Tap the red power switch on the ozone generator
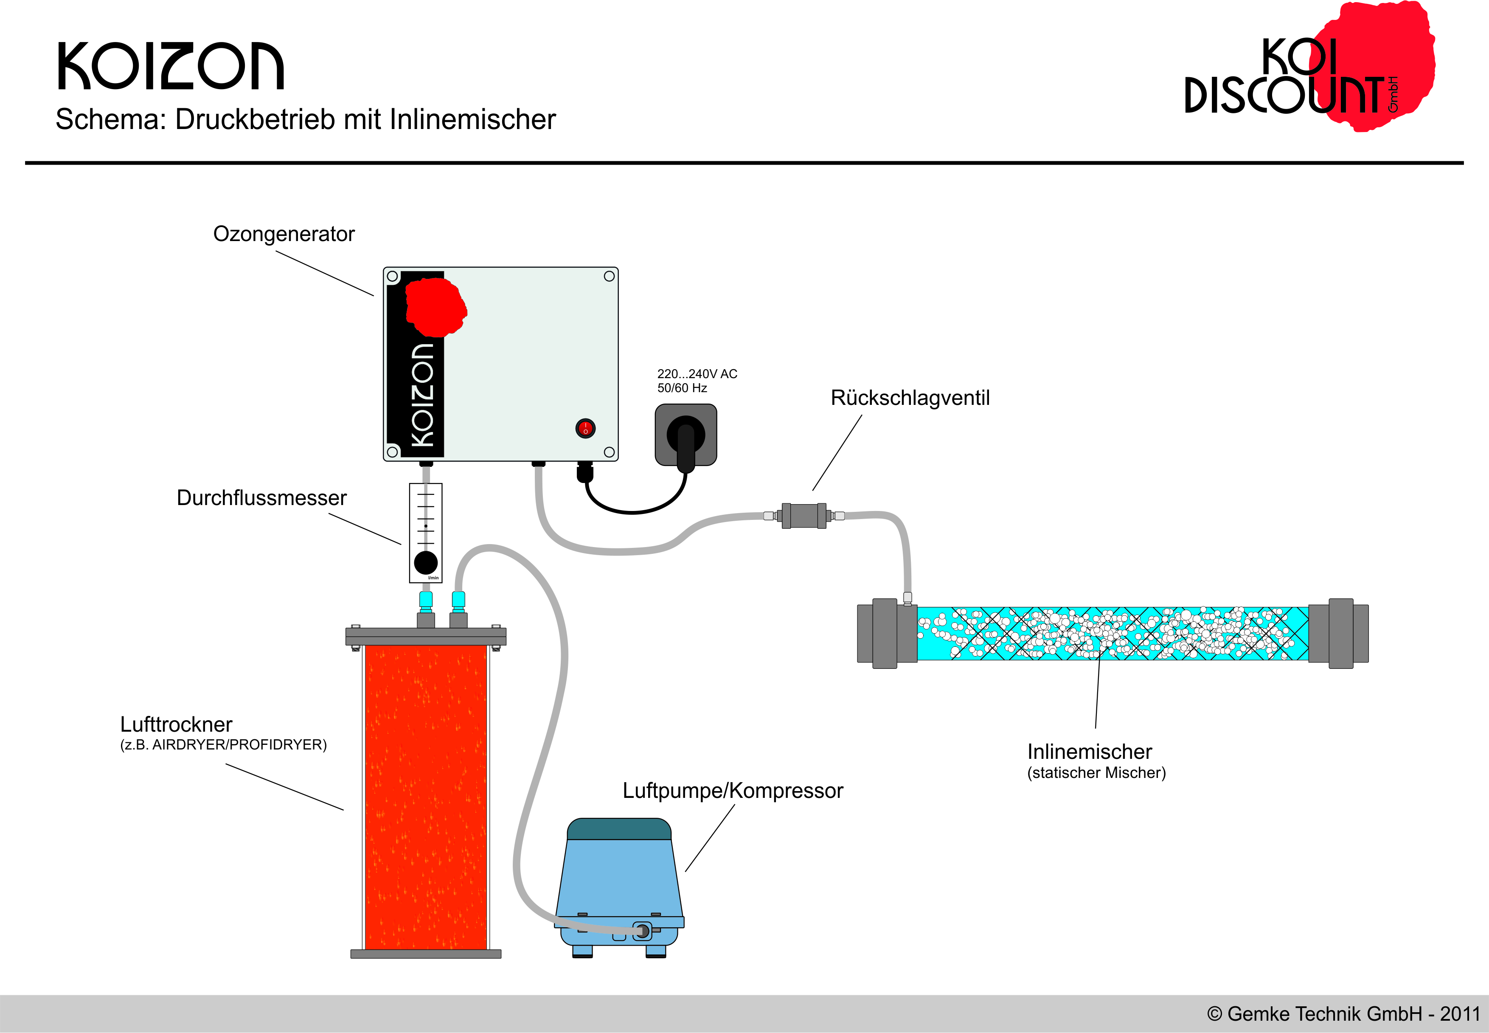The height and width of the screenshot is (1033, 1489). [585, 428]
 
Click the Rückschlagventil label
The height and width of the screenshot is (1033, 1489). [910, 397]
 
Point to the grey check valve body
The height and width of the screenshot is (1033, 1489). [804, 516]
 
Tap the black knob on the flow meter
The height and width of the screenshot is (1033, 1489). [425, 562]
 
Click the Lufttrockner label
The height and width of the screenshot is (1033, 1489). [176, 724]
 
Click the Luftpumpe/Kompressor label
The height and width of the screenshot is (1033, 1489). [733, 790]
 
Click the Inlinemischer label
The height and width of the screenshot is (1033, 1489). [1090, 752]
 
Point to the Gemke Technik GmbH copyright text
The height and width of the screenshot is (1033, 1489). [1343, 1013]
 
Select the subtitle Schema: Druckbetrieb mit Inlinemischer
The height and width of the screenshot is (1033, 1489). [306, 120]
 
